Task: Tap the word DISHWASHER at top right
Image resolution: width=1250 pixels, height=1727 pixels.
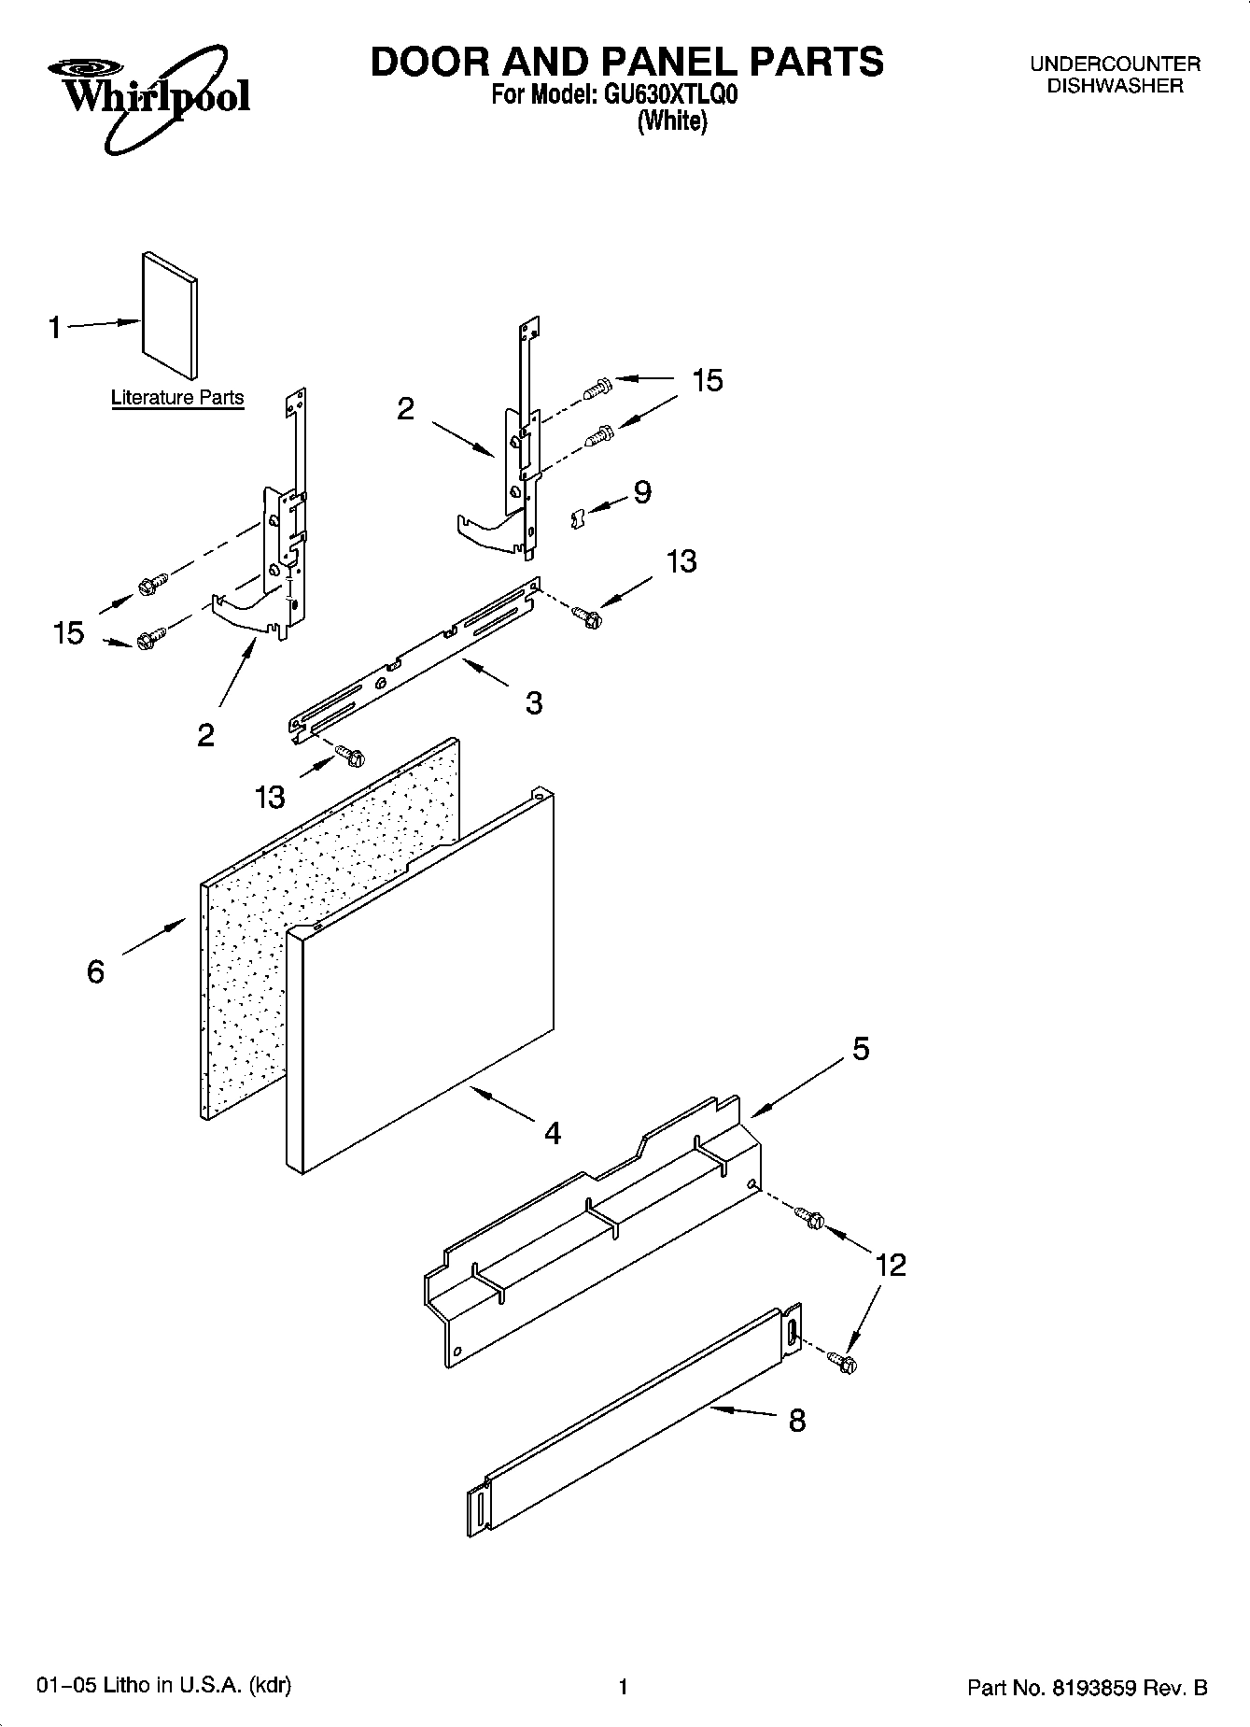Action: pos(1115,86)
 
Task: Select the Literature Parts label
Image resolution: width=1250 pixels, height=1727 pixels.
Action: pos(177,397)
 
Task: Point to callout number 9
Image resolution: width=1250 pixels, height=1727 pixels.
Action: pos(642,491)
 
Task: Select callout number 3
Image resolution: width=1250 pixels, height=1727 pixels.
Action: pos(533,702)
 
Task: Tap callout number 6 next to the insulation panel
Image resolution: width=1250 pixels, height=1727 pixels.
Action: pos(96,971)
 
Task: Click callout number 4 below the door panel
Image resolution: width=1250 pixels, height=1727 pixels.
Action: pos(553,1133)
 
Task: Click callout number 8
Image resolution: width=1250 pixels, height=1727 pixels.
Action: pos(796,1421)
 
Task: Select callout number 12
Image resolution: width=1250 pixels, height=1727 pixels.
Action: pos(891,1265)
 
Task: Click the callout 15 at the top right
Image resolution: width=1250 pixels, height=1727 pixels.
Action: pos(707,380)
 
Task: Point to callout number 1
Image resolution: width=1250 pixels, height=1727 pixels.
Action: pos(55,327)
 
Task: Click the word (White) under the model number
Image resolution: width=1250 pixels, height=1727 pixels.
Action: pos(671,121)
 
